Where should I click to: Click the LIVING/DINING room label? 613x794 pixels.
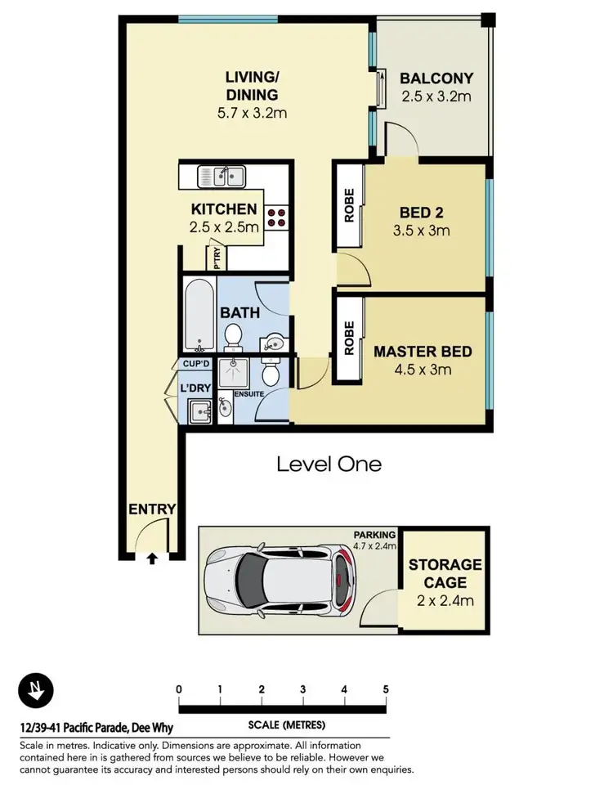click(253, 86)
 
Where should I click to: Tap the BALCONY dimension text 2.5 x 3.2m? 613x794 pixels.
click(436, 96)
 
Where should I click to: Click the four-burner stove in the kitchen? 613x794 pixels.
click(276, 214)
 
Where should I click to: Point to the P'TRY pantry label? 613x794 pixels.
click(217, 258)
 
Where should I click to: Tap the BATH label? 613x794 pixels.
click(239, 312)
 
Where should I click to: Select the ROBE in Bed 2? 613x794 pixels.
click(348, 205)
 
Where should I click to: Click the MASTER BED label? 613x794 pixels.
click(423, 352)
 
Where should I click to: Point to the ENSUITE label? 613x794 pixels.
click(248, 394)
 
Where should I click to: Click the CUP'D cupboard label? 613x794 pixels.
click(196, 364)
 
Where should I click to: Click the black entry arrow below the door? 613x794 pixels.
click(152, 559)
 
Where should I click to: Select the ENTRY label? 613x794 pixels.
click(152, 509)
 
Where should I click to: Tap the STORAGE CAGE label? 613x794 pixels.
click(445, 574)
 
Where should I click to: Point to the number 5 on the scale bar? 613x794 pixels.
click(386, 689)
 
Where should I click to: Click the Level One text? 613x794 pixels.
click(329, 464)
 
